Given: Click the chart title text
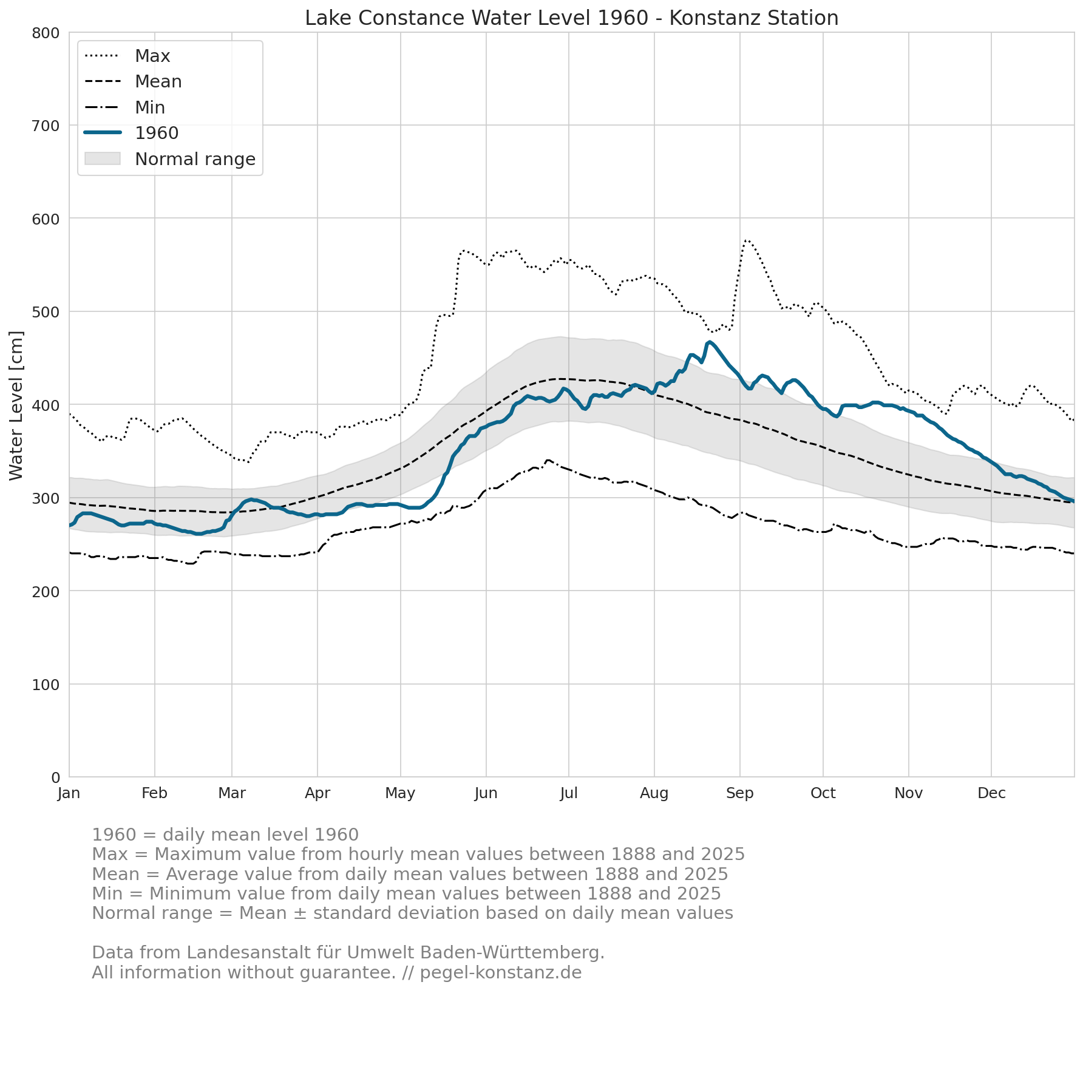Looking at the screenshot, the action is coord(571,18).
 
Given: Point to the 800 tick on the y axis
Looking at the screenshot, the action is coord(46,33).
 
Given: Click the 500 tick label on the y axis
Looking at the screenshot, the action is coord(46,312).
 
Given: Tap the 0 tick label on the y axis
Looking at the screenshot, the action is coord(56,777).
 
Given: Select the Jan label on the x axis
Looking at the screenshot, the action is coord(69,793).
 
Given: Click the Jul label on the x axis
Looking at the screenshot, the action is coord(569,793).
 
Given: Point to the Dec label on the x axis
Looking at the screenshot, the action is coord(991,793).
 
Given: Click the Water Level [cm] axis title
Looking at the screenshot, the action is coord(16,405).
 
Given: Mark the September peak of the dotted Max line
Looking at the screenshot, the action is coord(746,240).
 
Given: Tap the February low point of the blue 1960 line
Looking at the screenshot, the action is coord(199,534).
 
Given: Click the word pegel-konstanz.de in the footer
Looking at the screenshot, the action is coord(501,972).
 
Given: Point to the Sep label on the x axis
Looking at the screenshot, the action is coord(740,793).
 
